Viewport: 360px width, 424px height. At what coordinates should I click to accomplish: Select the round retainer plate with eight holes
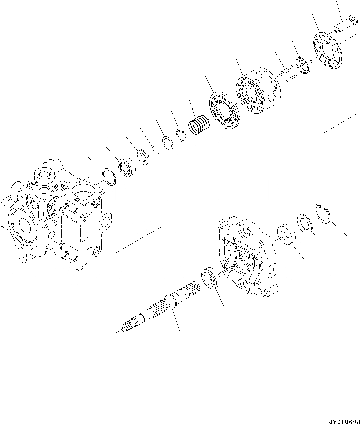tap(328, 51)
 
